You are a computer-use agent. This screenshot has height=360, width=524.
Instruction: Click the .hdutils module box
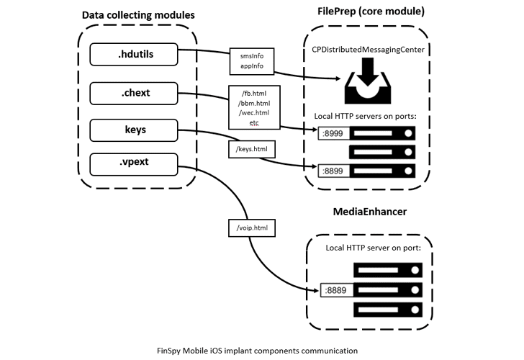tap(134, 55)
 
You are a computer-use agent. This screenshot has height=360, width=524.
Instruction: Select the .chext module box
tap(134, 93)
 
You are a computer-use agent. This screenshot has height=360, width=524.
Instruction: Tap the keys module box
tap(134, 130)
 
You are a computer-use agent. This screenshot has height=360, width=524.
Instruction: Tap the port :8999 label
tap(332, 133)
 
